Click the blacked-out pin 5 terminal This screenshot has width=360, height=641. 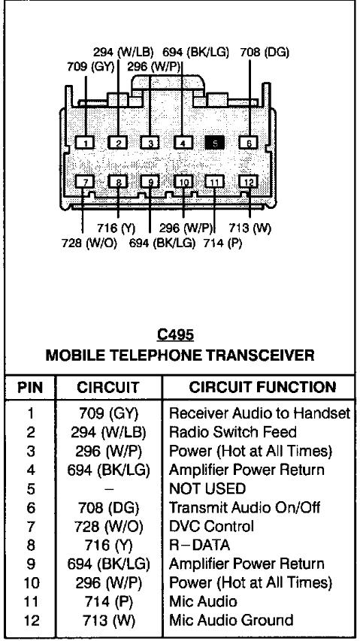coord(215,142)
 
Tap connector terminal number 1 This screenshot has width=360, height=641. coord(86,142)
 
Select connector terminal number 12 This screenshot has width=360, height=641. coord(249,182)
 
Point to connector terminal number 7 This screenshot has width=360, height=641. coord(86,182)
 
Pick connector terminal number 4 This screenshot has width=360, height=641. coord(183,142)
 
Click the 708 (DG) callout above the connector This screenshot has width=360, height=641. coord(265,53)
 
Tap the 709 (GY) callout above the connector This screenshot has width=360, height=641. coord(91,66)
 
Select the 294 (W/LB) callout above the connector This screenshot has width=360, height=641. coord(123,53)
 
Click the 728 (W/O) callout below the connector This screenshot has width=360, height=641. coord(89,243)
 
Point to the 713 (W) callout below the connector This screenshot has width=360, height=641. coord(250,228)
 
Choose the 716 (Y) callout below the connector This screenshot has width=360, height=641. coord(116,228)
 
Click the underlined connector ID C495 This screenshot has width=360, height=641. coord(175,335)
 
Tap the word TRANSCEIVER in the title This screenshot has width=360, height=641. coord(260,355)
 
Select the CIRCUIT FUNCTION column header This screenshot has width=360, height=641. coord(263,387)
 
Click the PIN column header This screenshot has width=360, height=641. coord(31,388)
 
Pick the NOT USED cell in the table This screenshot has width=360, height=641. coord(207,488)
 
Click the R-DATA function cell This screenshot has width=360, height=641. coord(199,545)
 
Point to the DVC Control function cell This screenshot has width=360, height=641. coord(211,526)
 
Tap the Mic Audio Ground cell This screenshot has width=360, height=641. coord(231,620)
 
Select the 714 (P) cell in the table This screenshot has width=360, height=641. coord(109,601)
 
